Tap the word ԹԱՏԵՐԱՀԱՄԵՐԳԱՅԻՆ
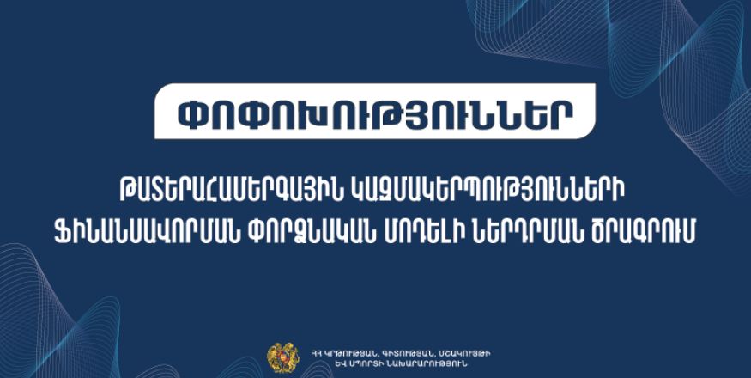230,195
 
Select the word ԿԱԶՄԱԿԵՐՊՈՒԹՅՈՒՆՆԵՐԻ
489,195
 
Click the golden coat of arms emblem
283,357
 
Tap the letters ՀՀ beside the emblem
316,354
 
